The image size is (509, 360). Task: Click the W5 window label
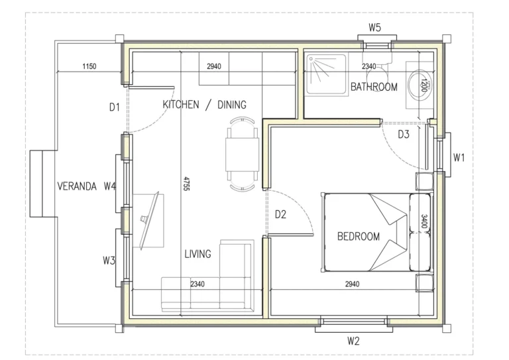[x=374, y=28]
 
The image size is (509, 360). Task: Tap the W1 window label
[x=459, y=158]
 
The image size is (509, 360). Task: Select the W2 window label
[x=353, y=341]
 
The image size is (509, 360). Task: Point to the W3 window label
[x=109, y=261]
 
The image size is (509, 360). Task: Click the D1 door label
[x=115, y=107]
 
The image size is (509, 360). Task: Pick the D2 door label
[x=280, y=214]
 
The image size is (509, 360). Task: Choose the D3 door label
[x=404, y=134]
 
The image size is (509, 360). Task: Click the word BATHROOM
[x=374, y=87]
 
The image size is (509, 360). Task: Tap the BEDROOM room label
[x=359, y=236]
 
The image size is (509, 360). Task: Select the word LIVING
[x=198, y=254]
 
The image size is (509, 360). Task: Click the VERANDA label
[x=77, y=186]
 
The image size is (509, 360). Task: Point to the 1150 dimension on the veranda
[x=89, y=66]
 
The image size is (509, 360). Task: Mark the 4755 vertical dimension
[x=186, y=184]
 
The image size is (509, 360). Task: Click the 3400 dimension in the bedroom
[x=424, y=221]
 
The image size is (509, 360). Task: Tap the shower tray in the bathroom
[x=327, y=74]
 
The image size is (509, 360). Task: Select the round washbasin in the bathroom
[x=420, y=85]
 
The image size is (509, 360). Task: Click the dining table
[x=243, y=155]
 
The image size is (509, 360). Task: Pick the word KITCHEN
[x=181, y=105]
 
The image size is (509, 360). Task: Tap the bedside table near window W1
[x=425, y=182]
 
